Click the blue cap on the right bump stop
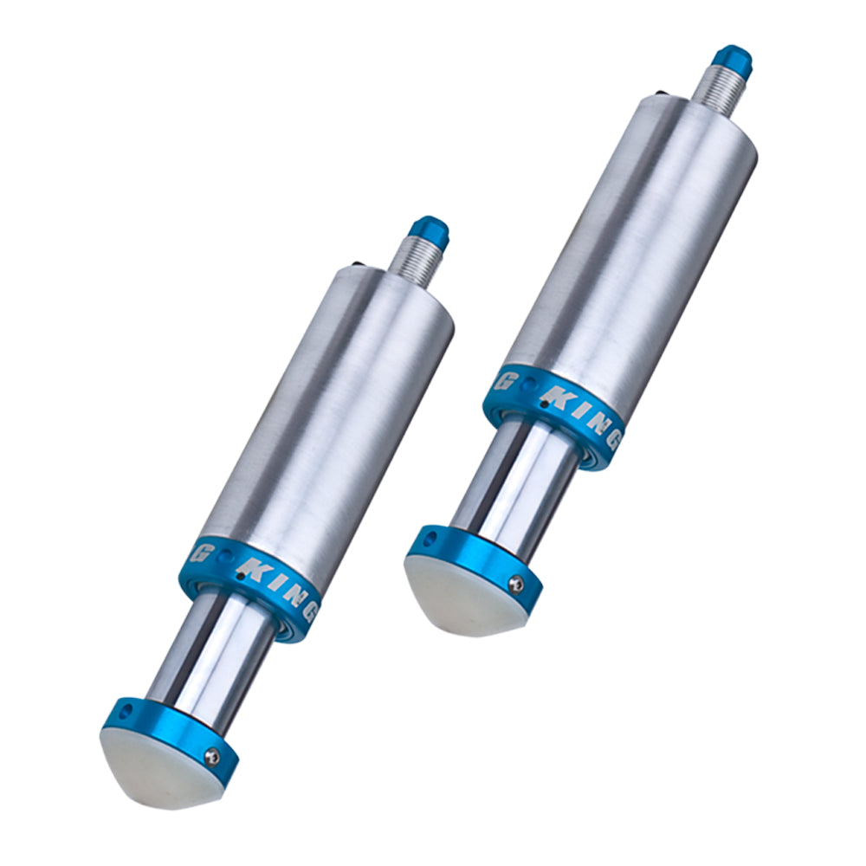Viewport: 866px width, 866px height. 732,60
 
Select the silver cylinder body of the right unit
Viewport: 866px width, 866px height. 630,249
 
